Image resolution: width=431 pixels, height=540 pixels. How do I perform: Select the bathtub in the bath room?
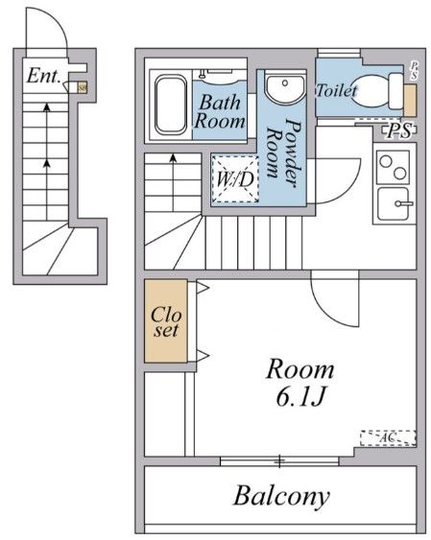pos(170,104)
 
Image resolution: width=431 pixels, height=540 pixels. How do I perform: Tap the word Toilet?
pos(336,90)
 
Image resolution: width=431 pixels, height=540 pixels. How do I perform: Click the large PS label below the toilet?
pos(398,131)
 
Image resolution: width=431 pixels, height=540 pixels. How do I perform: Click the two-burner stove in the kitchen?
pos(393,170)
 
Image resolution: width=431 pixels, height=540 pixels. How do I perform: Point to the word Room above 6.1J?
pos(300,367)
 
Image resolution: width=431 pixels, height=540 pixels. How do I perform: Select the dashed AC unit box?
pos(388,437)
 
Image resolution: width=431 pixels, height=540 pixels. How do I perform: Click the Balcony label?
pos(281,496)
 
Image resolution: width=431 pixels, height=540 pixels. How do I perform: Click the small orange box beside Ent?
pos(82,86)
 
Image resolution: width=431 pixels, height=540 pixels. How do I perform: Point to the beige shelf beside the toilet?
pos(410,100)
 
